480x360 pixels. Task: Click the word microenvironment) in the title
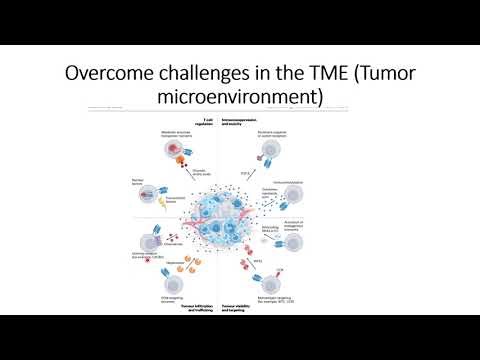[243, 97]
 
